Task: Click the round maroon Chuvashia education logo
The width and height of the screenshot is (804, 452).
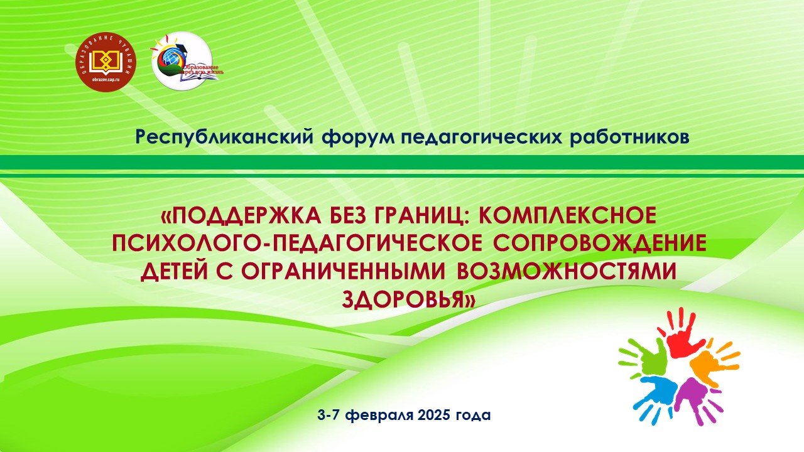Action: point(106,62)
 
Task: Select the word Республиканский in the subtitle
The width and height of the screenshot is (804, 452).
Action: point(225,137)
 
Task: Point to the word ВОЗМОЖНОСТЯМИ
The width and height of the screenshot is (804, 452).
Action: point(567,272)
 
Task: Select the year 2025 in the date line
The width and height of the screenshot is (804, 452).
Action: point(433,416)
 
